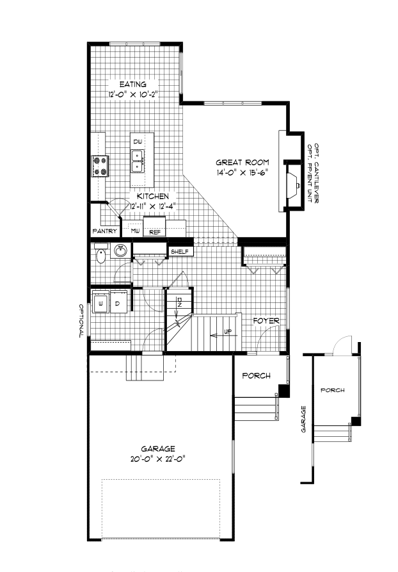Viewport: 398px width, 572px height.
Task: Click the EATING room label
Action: pyautogui.click(x=133, y=84)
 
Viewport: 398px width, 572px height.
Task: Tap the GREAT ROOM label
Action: pyautogui.click(x=242, y=162)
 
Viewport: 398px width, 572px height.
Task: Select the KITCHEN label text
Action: pyautogui.click(x=152, y=196)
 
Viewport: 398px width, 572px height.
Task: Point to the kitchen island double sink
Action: pyautogui.click(x=138, y=161)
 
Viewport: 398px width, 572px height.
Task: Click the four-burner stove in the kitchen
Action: pyautogui.click(x=100, y=166)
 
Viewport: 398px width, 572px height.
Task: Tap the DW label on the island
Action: pyautogui.click(x=137, y=141)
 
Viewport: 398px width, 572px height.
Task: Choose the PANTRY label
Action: pyautogui.click(x=104, y=231)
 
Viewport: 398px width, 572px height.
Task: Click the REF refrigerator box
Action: pyautogui.click(x=155, y=232)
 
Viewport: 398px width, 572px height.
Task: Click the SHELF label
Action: pyautogui.click(x=180, y=252)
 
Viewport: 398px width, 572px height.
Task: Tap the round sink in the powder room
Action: pyautogui.click(x=120, y=252)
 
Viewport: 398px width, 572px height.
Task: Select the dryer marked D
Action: pyautogui.click(x=118, y=302)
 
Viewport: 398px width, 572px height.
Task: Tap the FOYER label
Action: pyautogui.click(x=264, y=320)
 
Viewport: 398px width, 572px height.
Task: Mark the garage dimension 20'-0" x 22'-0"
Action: pyautogui.click(x=159, y=459)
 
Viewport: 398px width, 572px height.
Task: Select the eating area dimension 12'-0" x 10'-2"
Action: pyautogui.click(x=133, y=94)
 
